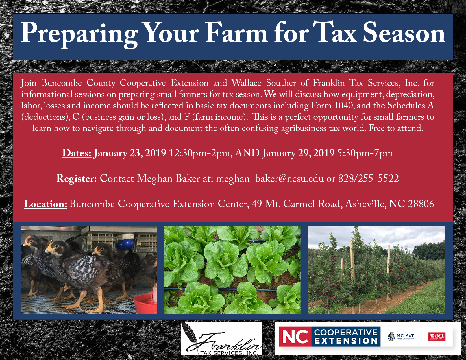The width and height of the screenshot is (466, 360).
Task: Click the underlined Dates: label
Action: [x=77, y=154]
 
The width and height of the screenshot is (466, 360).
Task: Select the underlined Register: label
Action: [x=77, y=179]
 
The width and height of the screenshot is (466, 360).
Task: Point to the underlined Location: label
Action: [x=45, y=204]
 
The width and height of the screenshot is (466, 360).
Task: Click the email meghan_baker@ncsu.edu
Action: [x=269, y=179]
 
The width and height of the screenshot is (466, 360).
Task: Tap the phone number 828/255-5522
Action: [x=369, y=178]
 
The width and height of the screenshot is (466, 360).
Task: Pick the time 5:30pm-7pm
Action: [x=365, y=154]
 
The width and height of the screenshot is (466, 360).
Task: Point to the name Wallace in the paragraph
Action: [x=246, y=83]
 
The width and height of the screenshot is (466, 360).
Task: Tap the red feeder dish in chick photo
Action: [x=145, y=303]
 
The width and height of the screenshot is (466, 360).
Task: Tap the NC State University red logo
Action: [x=436, y=337]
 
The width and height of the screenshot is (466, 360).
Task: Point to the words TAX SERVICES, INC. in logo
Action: [x=229, y=353]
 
